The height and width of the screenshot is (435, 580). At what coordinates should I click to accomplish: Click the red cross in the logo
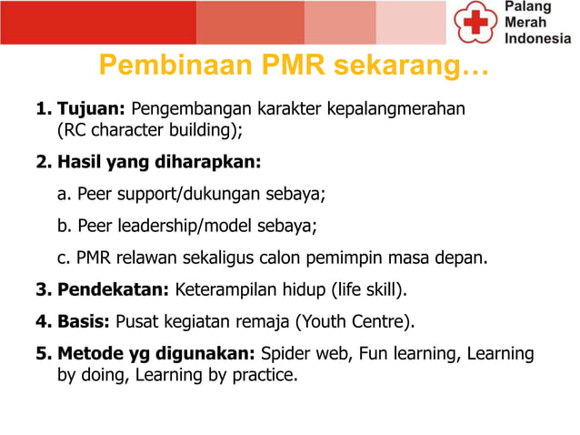(475, 22)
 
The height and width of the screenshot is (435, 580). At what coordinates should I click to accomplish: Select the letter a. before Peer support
(65, 194)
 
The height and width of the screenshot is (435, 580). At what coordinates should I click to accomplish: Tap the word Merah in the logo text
(525, 23)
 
